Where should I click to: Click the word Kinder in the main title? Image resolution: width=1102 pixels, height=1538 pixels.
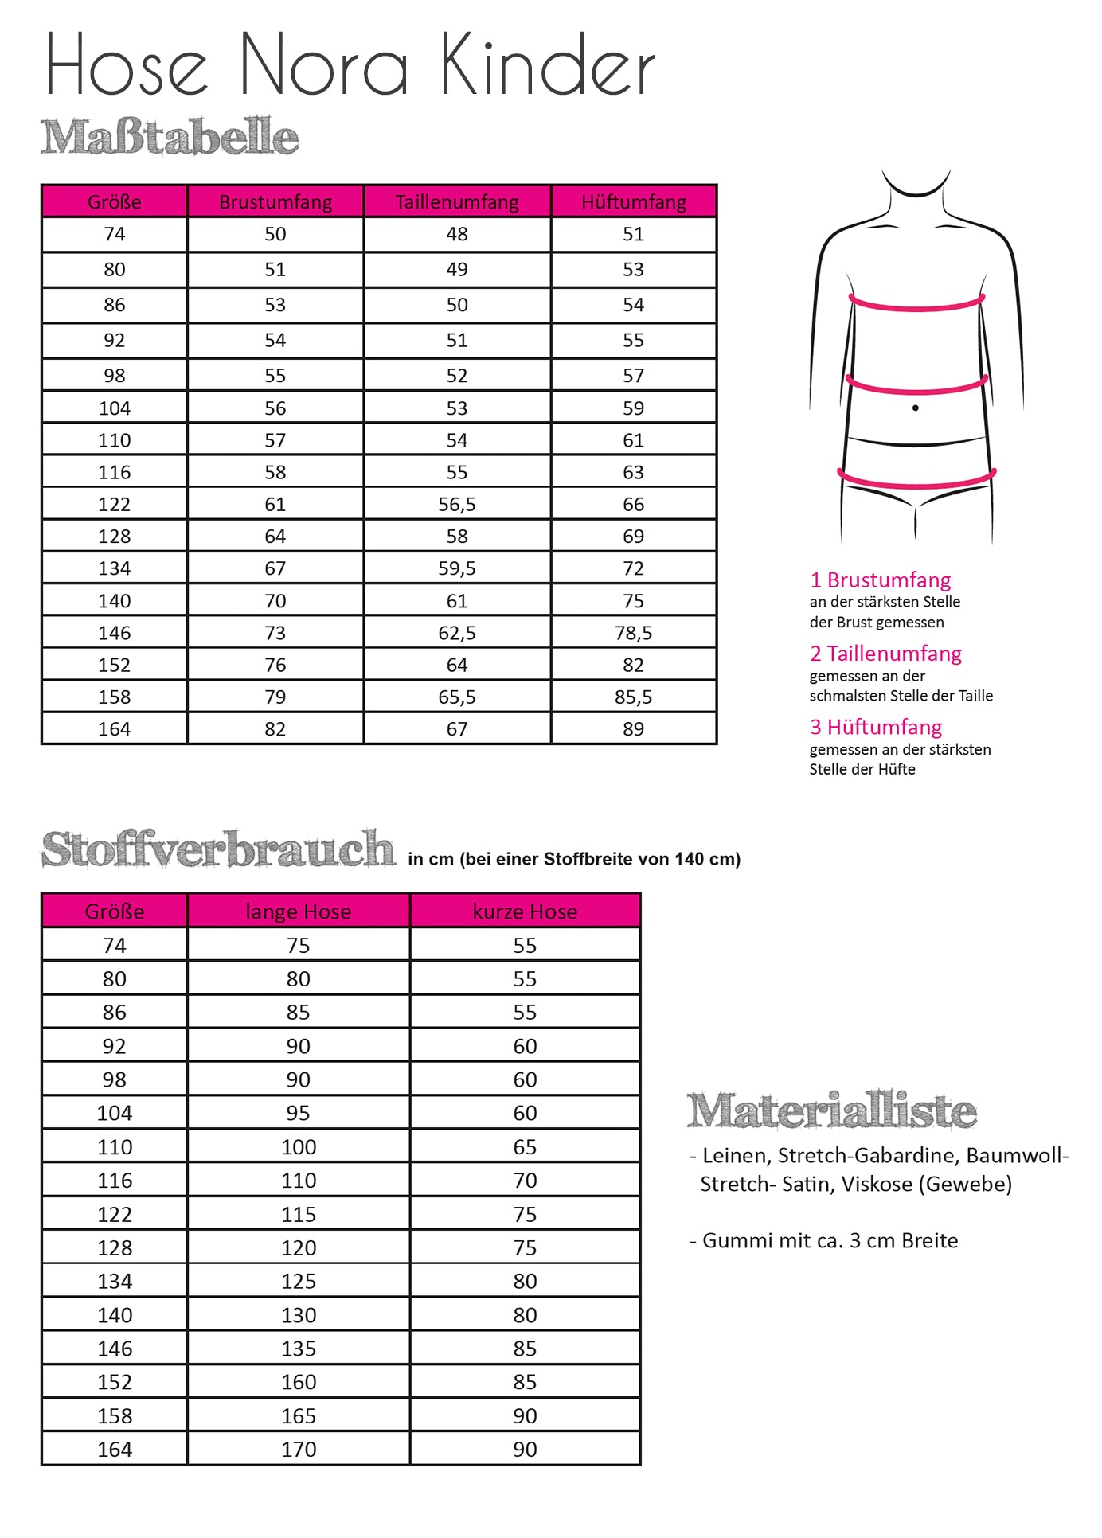548,65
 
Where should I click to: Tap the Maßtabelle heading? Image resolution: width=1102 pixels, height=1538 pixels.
170,137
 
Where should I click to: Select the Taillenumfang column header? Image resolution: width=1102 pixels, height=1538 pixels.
457,202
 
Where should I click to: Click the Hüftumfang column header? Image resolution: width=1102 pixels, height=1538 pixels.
634,202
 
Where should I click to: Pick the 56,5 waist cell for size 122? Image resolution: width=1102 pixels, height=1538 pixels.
457,505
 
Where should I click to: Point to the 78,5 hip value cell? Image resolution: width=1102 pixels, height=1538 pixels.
634,633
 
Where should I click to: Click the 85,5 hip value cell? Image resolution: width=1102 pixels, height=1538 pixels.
634,697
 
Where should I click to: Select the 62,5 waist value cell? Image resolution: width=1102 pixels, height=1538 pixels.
457,633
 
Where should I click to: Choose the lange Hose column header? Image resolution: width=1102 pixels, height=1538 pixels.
299,911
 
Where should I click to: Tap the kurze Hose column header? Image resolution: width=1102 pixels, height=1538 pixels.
525,911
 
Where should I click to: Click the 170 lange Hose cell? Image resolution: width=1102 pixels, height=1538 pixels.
299,1450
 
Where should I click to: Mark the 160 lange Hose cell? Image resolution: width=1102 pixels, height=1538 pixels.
299,1382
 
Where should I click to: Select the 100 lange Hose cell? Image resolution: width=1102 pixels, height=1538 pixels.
299,1147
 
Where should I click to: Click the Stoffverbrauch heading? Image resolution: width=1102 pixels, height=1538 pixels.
218,849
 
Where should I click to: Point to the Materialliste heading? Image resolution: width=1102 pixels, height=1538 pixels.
832,1111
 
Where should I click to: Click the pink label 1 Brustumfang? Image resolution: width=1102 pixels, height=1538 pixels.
881,580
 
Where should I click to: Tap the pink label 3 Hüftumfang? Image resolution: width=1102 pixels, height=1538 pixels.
876,727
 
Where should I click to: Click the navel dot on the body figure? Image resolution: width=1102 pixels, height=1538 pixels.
916,408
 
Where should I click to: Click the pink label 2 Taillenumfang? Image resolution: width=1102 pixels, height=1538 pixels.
885,654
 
